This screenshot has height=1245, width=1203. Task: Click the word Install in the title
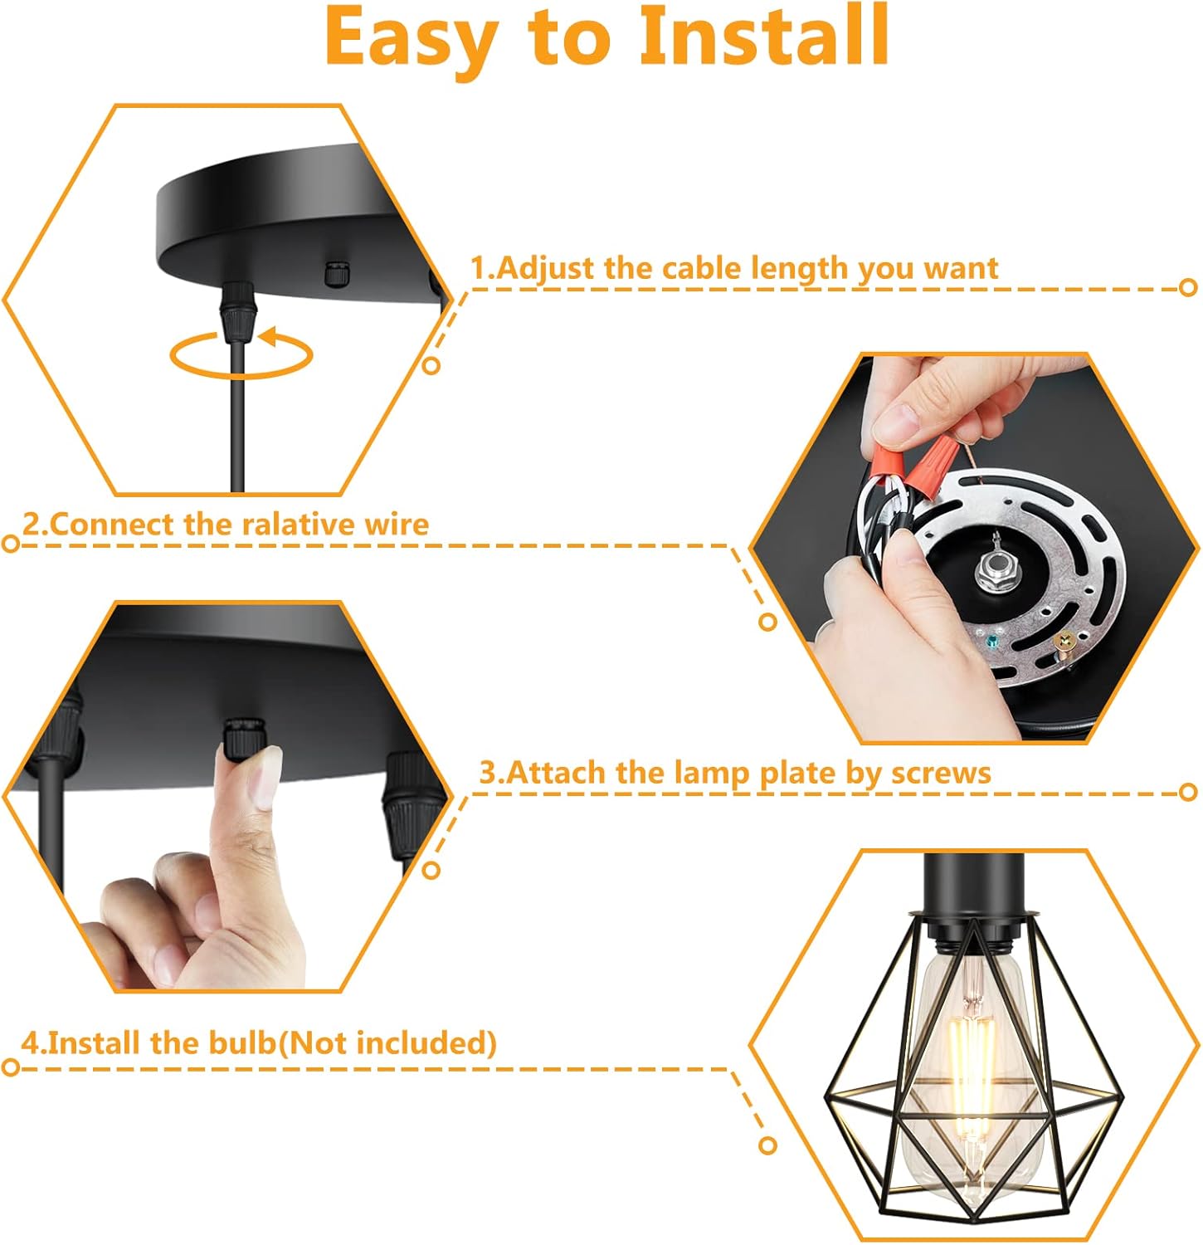coord(764,37)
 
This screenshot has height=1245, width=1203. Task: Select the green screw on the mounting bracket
coord(991,642)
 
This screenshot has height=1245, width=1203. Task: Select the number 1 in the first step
coord(478,268)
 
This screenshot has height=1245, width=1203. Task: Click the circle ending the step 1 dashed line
coord(1188,288)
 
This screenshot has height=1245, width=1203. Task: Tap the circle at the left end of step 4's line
coord(11,1067)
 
